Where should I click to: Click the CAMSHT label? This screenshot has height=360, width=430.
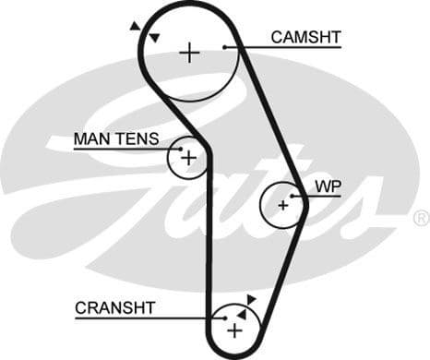point(305,37)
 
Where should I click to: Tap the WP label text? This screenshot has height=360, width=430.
point(328,186)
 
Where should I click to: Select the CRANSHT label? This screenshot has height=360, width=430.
point(115,307)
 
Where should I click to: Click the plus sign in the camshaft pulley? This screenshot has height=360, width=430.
point(189,52)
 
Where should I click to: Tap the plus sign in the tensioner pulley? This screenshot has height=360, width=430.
point(188,159)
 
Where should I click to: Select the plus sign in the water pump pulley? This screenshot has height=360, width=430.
point(283,204)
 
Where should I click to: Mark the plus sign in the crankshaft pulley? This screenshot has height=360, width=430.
point(234,330)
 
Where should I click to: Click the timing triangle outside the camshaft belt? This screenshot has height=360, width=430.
point(137,27)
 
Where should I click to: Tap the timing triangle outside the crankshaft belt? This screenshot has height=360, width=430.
point(251,299)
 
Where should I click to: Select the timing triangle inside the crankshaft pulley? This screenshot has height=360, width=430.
point(242,313)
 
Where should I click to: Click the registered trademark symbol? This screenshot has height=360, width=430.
point(420,218)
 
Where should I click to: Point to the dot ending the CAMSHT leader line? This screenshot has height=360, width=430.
point(226,47)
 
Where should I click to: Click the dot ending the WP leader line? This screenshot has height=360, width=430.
point(293,196)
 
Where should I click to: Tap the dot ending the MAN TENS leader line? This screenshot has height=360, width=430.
point(181,148)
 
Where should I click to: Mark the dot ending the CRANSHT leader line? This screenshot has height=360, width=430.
point(224,318)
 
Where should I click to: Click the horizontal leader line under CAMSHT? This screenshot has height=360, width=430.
point(286,47)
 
